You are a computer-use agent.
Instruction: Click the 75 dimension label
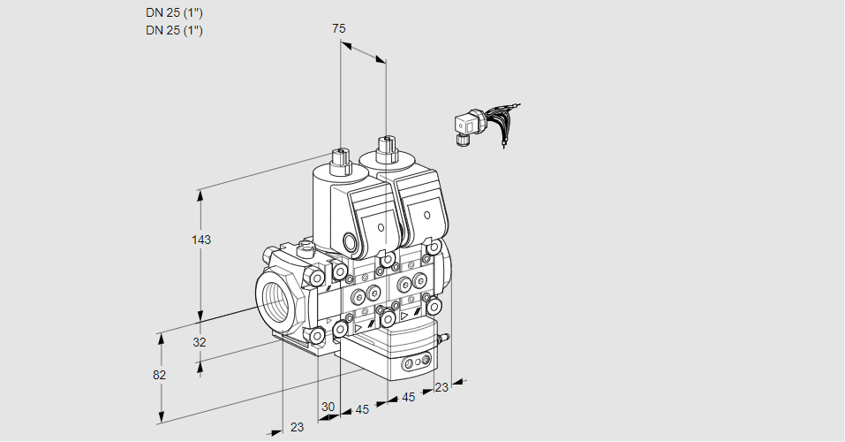(x=338, y=28)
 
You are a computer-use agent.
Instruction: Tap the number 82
(x=159, y=375)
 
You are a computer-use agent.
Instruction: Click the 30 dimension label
(x=328, y=407)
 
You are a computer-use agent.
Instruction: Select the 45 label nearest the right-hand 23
(x=408, y=398)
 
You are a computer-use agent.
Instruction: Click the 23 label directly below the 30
(x=297, y=427)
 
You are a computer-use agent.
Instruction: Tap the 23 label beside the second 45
(x=441, y=386)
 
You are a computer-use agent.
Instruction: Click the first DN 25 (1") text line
(x=174, y=13)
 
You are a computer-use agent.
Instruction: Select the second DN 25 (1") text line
(x=174, y=31)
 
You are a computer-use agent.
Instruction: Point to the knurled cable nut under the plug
(x=463, y=139)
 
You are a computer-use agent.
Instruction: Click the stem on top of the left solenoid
(x=340, y=158)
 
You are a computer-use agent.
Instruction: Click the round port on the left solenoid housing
(x=353, y=242)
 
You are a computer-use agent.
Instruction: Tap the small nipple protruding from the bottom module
(x=444, y=337)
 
